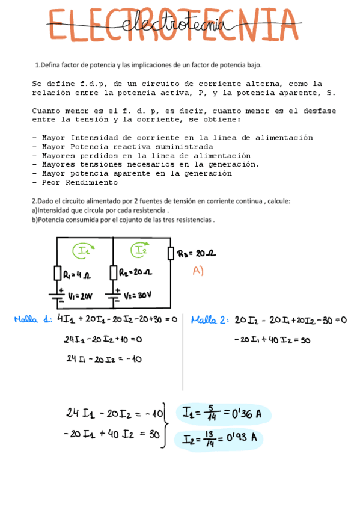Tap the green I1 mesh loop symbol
[82, 251]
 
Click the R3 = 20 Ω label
[197, 254]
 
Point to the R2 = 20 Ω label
[135, 272]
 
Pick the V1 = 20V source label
[80, 296]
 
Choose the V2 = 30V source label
[138, 295]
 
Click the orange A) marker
[198, 271]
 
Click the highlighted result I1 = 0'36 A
[222, 414]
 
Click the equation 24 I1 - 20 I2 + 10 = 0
[102, 340]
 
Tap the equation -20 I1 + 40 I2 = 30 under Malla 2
[272, 340]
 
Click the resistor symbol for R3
[171, 254]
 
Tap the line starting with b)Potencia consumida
[123, 220]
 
